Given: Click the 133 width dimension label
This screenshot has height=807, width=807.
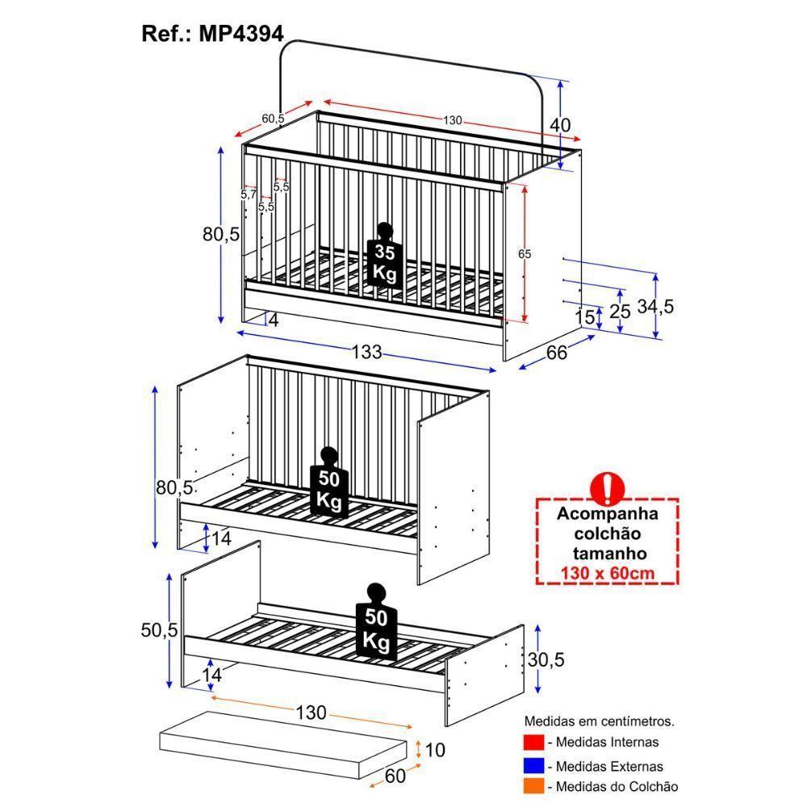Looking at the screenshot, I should [x=366, y=353].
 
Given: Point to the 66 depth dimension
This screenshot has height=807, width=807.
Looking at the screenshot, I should [x=557, y=353].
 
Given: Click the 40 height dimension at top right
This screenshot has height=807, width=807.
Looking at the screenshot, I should [x=560, y=125].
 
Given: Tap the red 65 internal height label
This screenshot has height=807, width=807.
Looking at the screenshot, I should [x=525, y=253].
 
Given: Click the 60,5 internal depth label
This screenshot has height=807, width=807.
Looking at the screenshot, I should [x=273, y=119].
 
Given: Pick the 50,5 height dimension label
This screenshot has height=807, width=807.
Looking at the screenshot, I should [x=158, y=631].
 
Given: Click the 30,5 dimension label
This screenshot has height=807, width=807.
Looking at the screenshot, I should [x=546, y=660].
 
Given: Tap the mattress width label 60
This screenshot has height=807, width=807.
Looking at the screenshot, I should [x=394, y=776].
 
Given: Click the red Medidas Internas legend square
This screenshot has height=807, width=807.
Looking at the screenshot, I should [x=532, y=742].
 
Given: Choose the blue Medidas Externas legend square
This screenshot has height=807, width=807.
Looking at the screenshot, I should [x=532, y=765].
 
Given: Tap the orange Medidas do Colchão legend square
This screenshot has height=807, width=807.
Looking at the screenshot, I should [x=532, y=786].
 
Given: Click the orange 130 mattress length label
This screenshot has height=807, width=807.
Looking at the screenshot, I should [x=311, y=713].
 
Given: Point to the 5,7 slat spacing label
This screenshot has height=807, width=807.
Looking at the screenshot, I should [x=248, y=194].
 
